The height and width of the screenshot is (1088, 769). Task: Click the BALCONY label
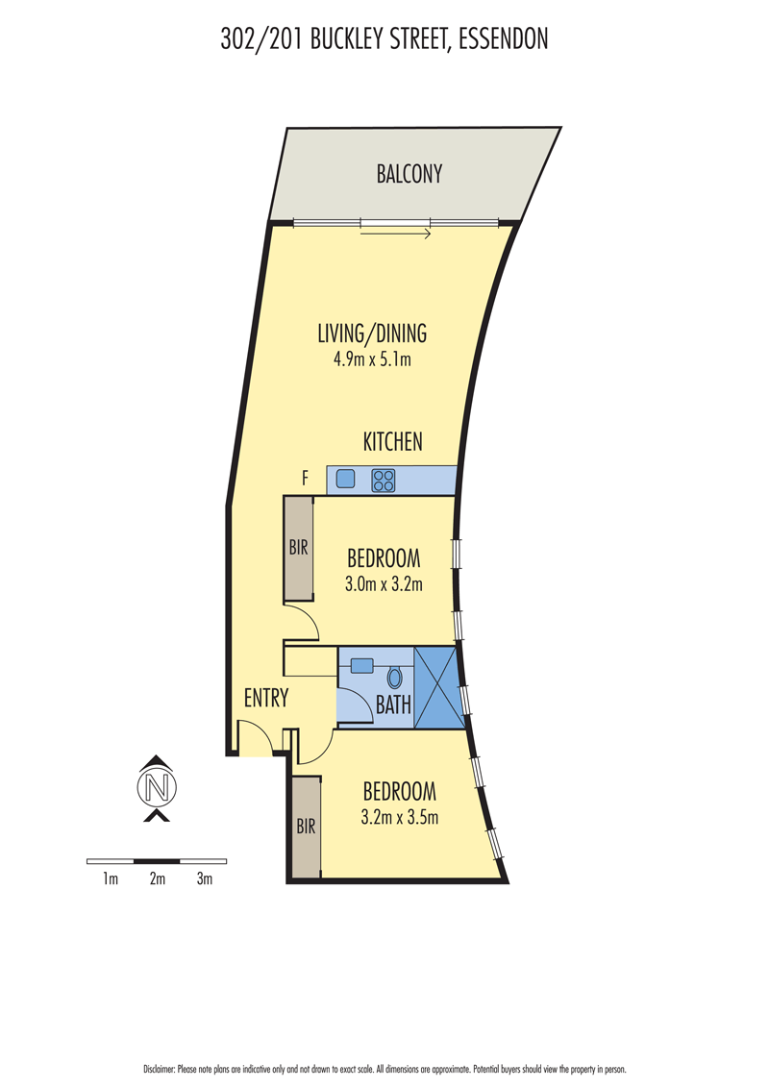pyautogui.click(x=409, y=173)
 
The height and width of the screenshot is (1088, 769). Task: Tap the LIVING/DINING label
pyautogui.click(x=372, y=334)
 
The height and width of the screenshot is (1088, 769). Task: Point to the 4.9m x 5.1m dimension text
pyautogui.click(x=372, y=359)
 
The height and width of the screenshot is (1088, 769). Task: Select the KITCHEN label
pyautogui.click(x=392, y=442)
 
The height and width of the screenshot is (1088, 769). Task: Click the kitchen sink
pyautogui.click(x=346, y=479)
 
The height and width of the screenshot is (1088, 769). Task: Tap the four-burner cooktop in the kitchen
pyautogui.click(x=384, y=481)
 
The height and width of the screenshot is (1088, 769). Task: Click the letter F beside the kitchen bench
pyautogui.click(x=304, y=478)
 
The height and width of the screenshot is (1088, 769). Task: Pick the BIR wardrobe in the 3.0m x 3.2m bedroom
pyautogui.click(x=298, y=548)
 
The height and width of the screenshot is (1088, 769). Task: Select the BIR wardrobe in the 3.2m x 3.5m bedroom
pyautogui.click(x=306, y=828)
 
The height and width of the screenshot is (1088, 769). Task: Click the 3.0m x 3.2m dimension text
pyautogui.click(x=384, y=584)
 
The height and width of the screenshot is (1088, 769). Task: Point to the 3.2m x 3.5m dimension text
pyautogui.click(x=400, y=817)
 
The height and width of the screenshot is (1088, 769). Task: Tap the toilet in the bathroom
pyautogui.click(x=394, y=678)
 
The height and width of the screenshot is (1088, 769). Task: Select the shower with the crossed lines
pyautogui.click(x=438, y=687)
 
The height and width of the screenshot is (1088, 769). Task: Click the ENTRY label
pyautogui.click(x=266, y=698)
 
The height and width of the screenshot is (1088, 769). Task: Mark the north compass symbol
pyautogui.click(x=158, y=787)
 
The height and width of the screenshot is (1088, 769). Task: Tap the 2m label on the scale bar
pyautogui.click(x=158, y=879)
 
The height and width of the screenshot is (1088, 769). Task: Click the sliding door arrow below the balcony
pyautogui.click(x=396, y=235)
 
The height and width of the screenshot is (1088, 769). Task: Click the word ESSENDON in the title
pyautogui.click(x=504, y=38)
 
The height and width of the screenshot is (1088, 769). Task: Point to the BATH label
pyautogui.click(x=393, y=705)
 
